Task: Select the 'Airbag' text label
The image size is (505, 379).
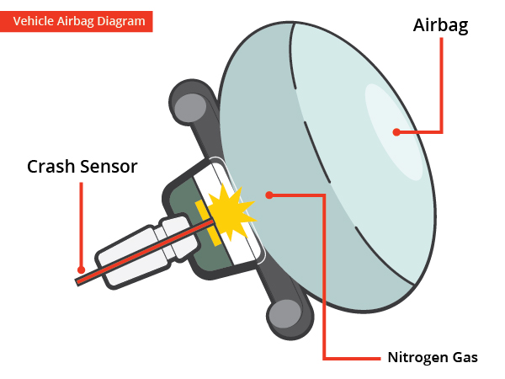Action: (440, 25)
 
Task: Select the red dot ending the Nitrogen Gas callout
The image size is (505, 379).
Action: (269, 195)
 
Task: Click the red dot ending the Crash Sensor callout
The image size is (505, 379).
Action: (81, 270)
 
